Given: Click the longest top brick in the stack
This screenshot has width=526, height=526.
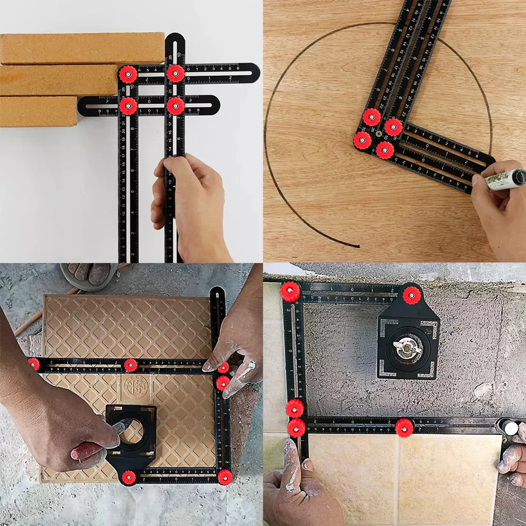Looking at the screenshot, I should pos(79,48).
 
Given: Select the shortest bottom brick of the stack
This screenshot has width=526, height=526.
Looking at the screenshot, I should pos(37,112).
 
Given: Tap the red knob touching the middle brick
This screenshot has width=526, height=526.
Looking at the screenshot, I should pos(128,74).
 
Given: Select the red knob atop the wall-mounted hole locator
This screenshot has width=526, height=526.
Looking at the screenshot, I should pos(412,295).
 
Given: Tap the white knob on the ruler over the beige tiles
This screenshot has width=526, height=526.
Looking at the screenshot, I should pos(510,428).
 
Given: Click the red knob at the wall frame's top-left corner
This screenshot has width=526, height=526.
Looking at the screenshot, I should pos(289,291).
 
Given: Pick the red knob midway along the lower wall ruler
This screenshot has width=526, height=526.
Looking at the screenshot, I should pos(404,427).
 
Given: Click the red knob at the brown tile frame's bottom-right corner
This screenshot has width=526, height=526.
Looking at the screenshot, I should pos(225,477).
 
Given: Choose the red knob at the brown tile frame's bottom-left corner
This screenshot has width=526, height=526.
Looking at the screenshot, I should pos(128,477).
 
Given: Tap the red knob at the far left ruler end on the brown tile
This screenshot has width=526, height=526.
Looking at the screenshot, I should pos(34,363).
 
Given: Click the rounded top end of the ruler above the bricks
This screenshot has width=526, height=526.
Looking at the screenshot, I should pos(175,39).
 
